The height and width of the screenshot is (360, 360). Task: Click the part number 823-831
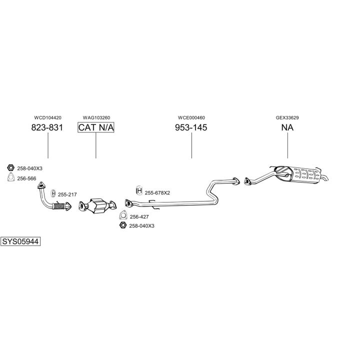pyautogui.click(x=47, y=127)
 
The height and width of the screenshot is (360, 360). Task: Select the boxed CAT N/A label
pyautogui.click(x=96, y=127)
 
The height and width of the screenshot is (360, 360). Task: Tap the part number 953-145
pyautogui.click(x=191, y=127)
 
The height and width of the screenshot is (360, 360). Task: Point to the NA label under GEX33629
pyautogui.click(x=287, y=127)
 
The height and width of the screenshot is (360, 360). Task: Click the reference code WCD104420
pyautogui.click(x=47, y=118)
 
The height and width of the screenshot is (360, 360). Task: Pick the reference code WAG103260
pyautogui.click(x=96, y=118)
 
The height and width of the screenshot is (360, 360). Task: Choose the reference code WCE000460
pyautogui.click(x=191, y=118)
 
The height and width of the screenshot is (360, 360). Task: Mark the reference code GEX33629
pyautogui.click(x=287, y=118)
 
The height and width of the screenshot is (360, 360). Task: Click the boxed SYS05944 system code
pyautogui.click(x=20, y=241)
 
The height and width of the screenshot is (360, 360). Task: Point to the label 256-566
pyautogui.click(x=26, y=178)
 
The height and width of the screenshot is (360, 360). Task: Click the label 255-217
pyautogui.click(x=67, y=194)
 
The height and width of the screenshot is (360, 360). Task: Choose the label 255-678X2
pyautogui.click(x=157, y=192)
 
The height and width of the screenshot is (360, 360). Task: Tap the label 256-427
pyautogui.click(x=138, y=216)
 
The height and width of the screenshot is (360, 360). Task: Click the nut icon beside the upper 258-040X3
pyautogui.click(x=10, y=168)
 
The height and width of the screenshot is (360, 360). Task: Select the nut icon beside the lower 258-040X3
pyautogui.click(x=122, y=226)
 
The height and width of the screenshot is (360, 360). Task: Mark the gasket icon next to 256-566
pyautogui.click(x=10, y=178)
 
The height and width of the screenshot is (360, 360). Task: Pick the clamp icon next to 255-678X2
pyautogui.click(x=139, y=191)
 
